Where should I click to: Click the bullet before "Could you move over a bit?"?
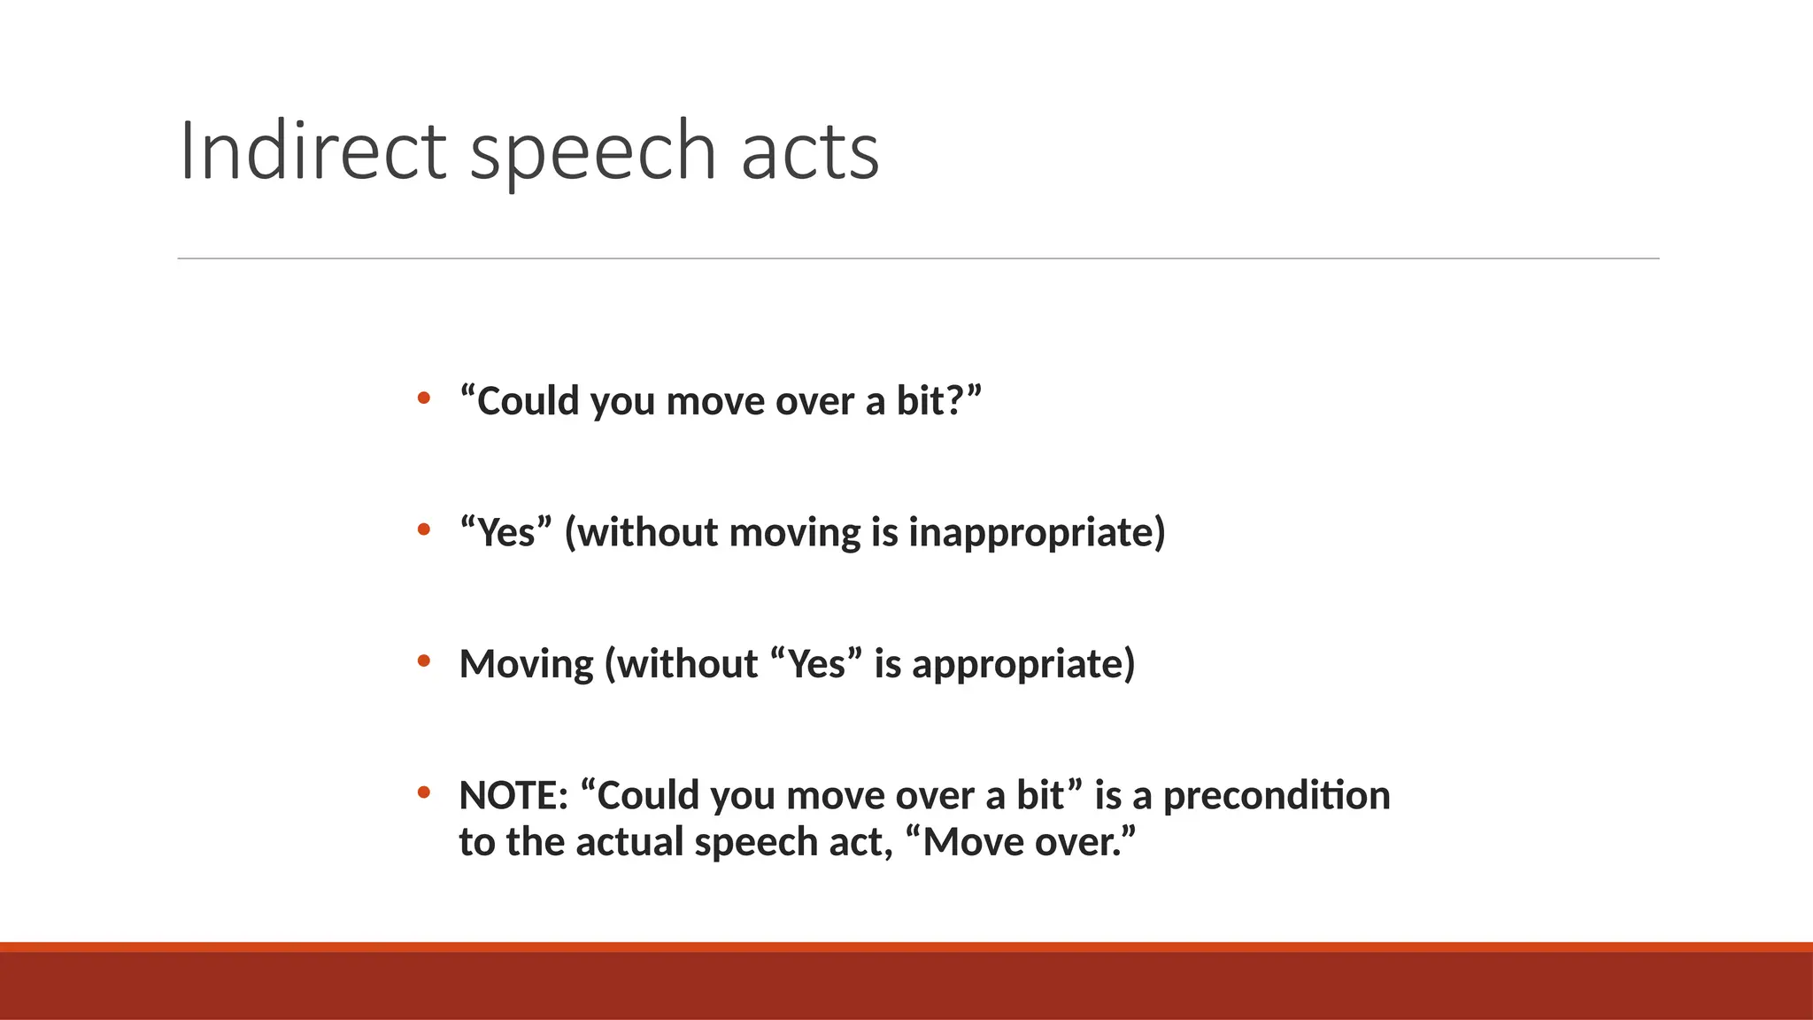[424, 398]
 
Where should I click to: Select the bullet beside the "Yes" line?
[424, 529]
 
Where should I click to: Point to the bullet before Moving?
[424, 661]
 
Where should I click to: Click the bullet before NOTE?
[424, 792]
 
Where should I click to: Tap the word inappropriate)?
[1037, 533]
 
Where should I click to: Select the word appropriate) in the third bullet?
[1022, 664]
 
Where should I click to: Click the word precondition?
[1276, 795]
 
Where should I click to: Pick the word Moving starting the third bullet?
[526, 664]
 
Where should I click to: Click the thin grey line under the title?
[918, 259]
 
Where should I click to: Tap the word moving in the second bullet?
[794, 533]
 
